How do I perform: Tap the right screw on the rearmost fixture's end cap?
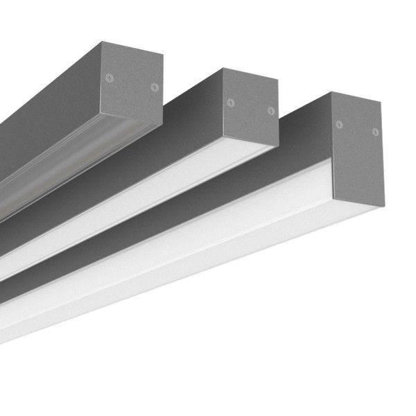(155, 87)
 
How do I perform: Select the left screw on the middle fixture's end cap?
(230, 103)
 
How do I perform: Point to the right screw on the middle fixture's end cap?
(271, 110)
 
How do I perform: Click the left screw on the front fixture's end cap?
(339, 125)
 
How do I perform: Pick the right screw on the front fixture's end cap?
(375, 131)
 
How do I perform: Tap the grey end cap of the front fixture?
(357, 149)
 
